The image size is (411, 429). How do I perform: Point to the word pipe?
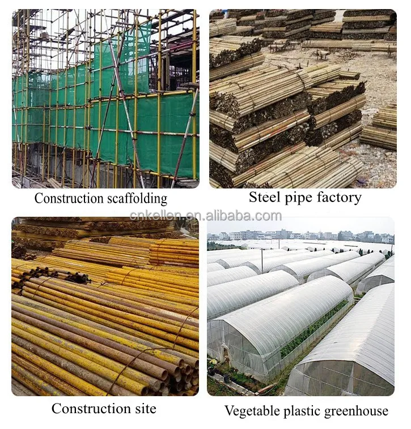tap(300, 198)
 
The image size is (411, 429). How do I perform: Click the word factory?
tap(338, 198)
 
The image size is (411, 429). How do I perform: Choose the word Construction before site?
tap(86, 409)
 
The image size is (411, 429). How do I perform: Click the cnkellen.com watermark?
tap(205, 216)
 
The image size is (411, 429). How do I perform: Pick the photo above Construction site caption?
tap(105, 306)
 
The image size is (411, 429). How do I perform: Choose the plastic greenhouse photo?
tap(300, 306)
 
